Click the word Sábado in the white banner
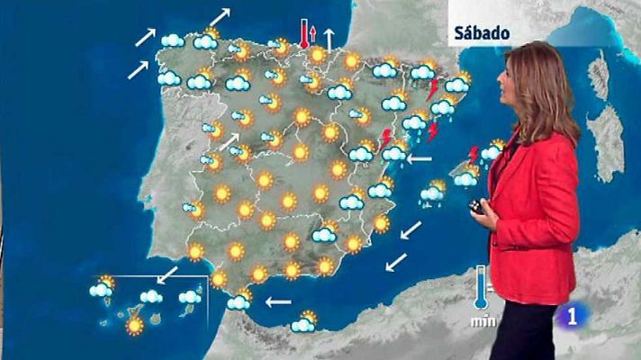(x=483, y=33)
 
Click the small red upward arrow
(x=313, y=35)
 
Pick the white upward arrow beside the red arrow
(x=330, y=39)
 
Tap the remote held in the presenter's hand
(x=478, y=208)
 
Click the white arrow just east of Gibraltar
(x=279, y=301)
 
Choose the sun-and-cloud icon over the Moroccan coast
(x=304, y=321)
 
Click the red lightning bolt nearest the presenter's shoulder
(x=474, y=154)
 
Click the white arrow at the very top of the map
(x=220, y=16)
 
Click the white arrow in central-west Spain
(x=230, y=140)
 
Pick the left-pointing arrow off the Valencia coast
(x=419, y=159)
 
